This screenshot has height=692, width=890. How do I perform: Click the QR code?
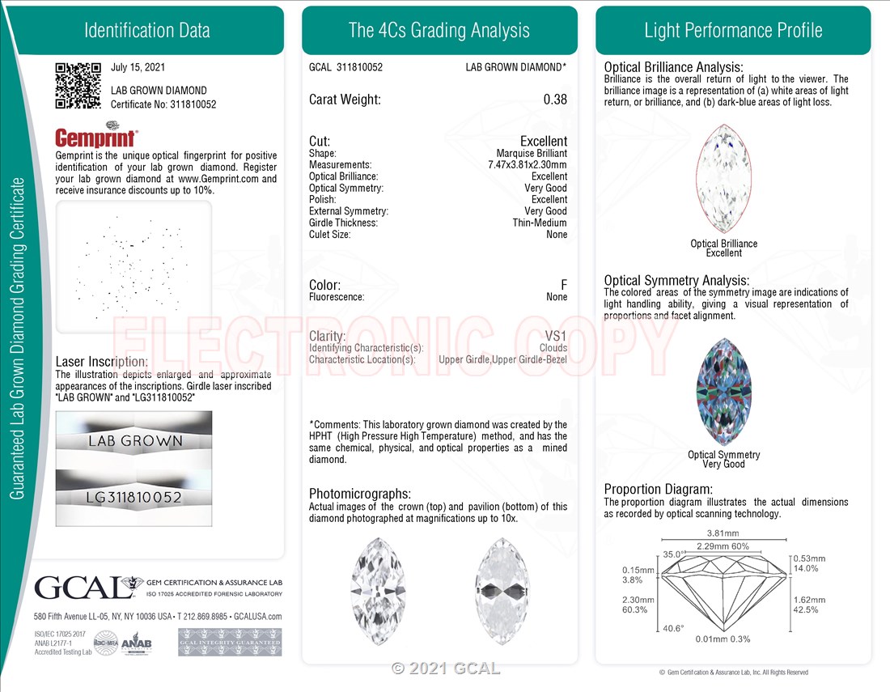tap(78, 85)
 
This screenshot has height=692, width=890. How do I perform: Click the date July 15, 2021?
tap(138, 67)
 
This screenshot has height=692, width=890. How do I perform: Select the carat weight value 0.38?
tap(555, 100)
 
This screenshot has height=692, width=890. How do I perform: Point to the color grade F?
tap(564, 284)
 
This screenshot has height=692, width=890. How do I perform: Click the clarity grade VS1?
tap(556, 336)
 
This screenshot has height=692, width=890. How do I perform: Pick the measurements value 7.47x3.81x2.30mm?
tap(528, 164)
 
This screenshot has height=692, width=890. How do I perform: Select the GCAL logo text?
tap(84, 588)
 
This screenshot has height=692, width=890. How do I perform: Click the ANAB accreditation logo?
tap(137, 643)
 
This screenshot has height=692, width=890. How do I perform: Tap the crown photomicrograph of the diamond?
tap(378, 590)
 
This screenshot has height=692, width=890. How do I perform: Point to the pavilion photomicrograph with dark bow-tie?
tap(502, 590)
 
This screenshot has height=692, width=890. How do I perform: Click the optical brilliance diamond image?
tap(723, 178)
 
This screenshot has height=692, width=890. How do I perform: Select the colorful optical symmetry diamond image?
tap(723, 392)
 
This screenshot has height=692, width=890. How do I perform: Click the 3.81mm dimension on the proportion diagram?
tap(723, 533)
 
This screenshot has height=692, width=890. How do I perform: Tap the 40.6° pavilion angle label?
tap(673, 628)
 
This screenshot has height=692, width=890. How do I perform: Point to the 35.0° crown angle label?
tap(674, 554)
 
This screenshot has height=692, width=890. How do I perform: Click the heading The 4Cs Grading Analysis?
tap(439, 30)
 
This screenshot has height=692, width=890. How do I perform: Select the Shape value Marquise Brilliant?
tap(532, 153)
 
